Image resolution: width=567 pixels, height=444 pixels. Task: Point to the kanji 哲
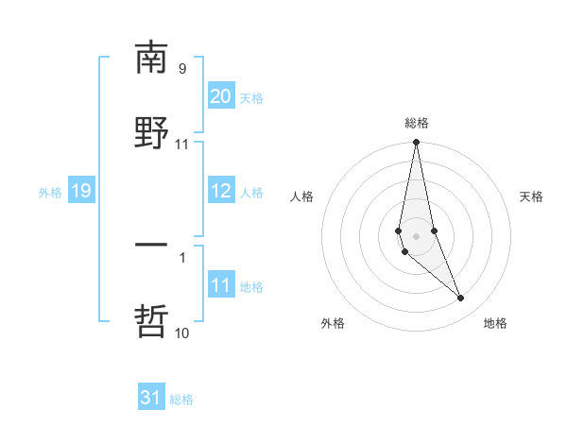point(151,321)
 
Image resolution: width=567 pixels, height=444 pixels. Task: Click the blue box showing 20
point(221,96)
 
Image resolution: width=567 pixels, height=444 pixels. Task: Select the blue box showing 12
point(221,191)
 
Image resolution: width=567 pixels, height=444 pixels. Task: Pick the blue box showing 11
point(221,285)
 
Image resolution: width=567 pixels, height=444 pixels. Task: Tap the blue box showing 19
point(80,191)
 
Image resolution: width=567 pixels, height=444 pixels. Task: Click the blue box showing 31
point(151,398)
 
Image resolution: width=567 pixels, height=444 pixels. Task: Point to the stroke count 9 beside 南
point(182,69)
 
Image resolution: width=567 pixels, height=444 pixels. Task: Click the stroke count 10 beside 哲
point(182,333)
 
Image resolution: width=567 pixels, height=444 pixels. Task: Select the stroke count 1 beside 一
point(182,255)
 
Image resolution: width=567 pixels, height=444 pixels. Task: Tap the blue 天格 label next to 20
point(251,98)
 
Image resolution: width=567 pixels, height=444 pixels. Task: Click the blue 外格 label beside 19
point(50,193)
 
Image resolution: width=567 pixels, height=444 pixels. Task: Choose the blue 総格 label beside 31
point(181,400)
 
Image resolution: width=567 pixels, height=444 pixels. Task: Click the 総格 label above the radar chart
point(417,124)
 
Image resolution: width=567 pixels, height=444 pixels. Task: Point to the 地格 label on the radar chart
point(495,323)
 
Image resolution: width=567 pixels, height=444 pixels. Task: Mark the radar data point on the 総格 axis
point(416,143)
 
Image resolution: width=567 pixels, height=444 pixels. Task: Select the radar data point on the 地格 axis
point(461,299)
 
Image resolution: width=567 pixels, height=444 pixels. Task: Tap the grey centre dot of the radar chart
point(416,234)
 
